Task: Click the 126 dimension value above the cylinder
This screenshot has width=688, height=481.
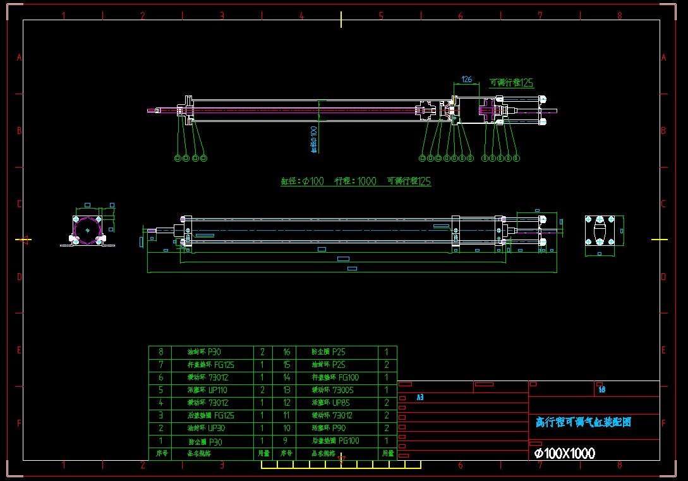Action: pyautogui.click(x=467, y=80)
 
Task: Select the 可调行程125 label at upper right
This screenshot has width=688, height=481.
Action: pyautogui.click(x=512, y=83)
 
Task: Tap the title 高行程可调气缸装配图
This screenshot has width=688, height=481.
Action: pyautogui.click(x=583, y=422)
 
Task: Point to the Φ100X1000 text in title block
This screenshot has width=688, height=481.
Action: pyautogui.click(x=564, y=453)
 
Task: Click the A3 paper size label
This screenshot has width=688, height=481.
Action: pyautogui.click(x=419, y=398)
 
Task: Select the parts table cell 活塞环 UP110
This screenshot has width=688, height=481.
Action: pyautogui.click(x=208, y=390)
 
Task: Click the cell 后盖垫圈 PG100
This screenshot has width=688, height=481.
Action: pyautogui.click(x=335, y=441)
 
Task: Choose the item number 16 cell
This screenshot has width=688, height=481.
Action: pyautogui.click(x=286, y=352)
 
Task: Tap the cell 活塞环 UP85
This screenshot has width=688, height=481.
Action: pyautogui.click(x=331, y=403)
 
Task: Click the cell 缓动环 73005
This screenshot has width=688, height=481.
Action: pyautogui.click(x=333, y=390)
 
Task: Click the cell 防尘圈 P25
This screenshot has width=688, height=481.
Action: pyautogui.click(x=329, y=352)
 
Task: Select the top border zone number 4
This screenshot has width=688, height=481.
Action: pyautogui.click(x=301, y=15)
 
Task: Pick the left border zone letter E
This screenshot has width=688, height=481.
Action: pyautogui.click(x=19, y=350)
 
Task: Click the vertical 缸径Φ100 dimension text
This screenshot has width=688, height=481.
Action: pyautogui.click(x=314, y=138)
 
